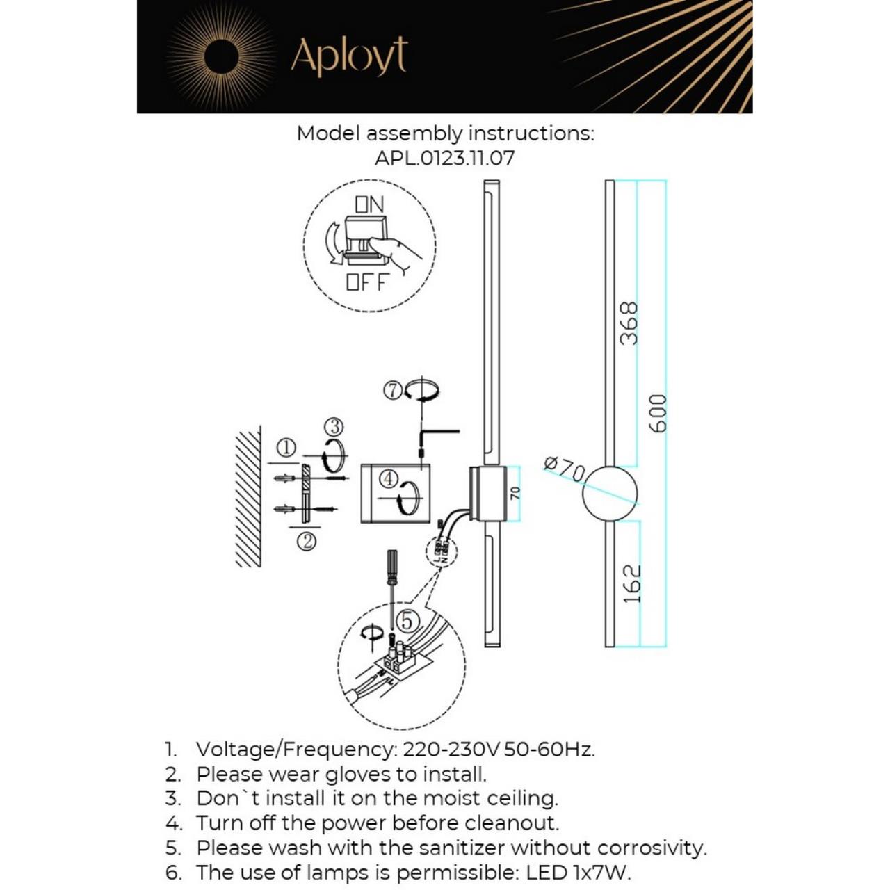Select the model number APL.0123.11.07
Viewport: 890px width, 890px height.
444,158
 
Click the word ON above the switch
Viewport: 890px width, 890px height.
369,204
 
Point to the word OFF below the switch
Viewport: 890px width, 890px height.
367,283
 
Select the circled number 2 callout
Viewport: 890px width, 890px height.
307,540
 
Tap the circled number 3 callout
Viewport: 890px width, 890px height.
334,426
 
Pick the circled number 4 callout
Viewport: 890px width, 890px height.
388,478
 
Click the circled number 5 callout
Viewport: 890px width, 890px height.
407,620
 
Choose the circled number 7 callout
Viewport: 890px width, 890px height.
393,391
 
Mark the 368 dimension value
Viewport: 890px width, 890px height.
629,323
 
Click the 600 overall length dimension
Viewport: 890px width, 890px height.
658,413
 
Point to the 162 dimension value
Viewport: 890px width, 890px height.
631,584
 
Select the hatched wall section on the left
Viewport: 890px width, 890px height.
248,497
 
